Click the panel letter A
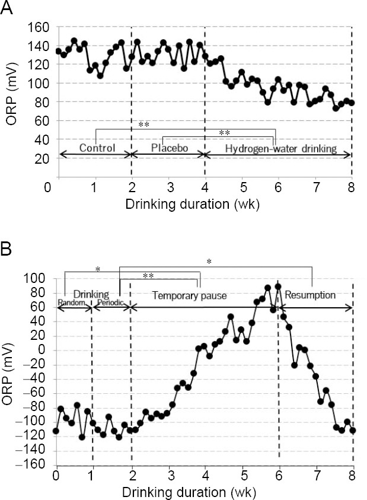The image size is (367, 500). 8,11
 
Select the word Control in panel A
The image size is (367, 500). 96,147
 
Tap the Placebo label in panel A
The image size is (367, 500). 168,147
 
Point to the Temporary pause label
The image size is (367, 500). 189,295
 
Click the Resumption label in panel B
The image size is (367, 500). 310,294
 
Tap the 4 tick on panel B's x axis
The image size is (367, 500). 205,476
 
